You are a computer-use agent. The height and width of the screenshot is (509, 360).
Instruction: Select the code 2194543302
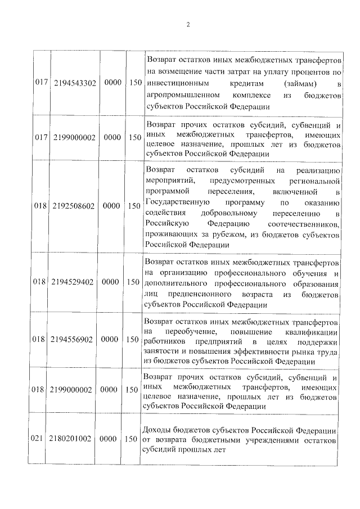(x=76, y=83)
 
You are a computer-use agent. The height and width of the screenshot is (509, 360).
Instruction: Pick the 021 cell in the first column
(x=39, y=439)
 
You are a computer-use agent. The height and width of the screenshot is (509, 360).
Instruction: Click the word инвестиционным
(x=176, y=83)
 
